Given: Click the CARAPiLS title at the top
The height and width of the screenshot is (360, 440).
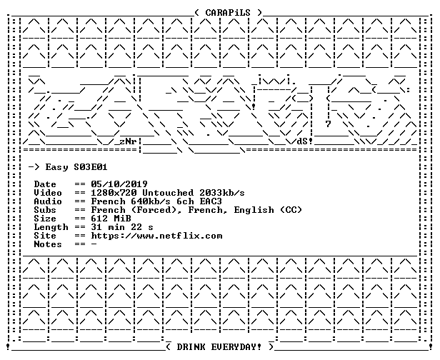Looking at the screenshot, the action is click(228, 13).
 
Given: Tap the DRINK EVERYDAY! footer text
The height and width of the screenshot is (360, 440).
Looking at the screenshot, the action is click(219, 347).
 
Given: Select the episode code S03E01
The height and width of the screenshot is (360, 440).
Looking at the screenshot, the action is click(90, 167).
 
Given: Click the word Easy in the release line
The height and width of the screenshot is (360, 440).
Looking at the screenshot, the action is click(56, 168).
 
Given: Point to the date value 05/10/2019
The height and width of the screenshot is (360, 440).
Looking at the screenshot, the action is click(119, 184).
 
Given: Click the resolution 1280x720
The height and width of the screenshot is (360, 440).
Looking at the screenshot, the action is click(114, 193).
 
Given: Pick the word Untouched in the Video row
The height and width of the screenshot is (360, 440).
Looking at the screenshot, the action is click(168, 193).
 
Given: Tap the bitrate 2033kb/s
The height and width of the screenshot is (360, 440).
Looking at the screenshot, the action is click(222, 193).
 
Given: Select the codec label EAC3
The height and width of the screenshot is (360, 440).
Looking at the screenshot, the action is click(211, 201).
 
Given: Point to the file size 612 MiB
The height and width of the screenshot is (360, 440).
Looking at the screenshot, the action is click(111, 219).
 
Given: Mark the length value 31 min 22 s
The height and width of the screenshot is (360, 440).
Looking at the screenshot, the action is click(122, 227).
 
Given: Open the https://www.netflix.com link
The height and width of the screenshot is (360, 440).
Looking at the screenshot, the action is click(156, 236).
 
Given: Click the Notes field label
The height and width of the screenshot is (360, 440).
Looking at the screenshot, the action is click(48, 244).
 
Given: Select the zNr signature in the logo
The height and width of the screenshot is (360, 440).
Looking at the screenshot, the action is click(128, 141).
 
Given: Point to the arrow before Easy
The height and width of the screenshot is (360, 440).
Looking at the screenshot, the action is click(34, 168).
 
